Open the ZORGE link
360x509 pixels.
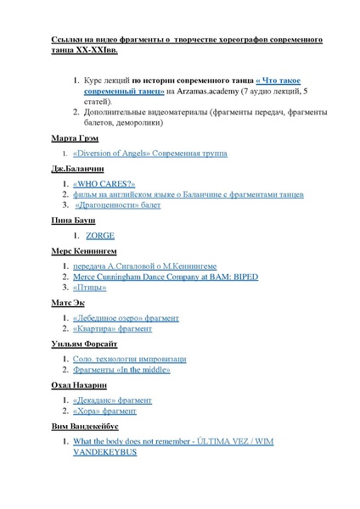pos(100,235)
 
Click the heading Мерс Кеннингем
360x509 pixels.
pos(72,250)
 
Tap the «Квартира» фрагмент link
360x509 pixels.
pos(113,328)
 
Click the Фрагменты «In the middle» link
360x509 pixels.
pos(122,370)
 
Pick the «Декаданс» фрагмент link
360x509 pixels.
pos(113,400)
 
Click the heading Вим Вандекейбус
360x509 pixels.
pos(77,426)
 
